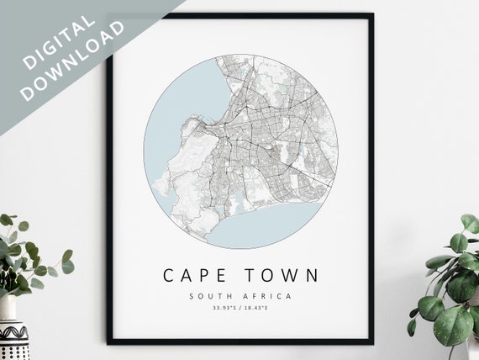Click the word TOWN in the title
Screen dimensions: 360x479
pyautogui.click(x=282, y=275)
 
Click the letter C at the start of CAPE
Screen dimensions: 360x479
pyautogui.click(x=168, y=275)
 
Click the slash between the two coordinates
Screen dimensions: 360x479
pyautogui.click(x=240, y=309)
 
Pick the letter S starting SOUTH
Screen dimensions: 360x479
pyautogui.click(x=192, y=296)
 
